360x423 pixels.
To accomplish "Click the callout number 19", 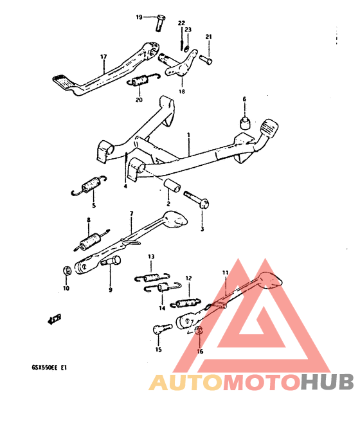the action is tap(139, 17).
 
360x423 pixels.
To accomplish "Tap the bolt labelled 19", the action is tap(160, 22).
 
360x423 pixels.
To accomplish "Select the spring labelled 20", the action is tap(143, 80).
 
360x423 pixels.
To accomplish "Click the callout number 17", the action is tap(104, 57).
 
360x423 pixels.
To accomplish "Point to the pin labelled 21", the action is tap(206, 59).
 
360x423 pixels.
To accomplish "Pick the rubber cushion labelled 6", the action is tap(245, 123).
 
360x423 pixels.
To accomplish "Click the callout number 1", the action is tap(188, 134).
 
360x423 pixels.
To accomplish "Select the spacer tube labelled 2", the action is tap(172, 185).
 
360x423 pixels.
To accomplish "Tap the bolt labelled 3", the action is tap(197, 200).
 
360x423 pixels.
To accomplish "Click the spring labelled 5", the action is tap(89, 186).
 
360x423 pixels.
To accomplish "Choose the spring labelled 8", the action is tap(92, 240).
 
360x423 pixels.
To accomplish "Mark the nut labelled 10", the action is tap(67, 270).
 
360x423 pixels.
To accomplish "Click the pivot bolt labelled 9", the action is tap(111, 261).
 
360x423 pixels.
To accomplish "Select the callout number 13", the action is tap(151, 256).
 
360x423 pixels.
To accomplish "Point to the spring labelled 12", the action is tap(186, 303).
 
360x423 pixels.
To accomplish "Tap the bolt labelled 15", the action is tap(162, 329).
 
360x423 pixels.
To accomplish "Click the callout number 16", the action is tap(200, 351).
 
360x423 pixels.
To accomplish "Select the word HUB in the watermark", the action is tap(327, 382).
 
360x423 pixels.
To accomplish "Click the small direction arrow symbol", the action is tap(54, 319).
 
